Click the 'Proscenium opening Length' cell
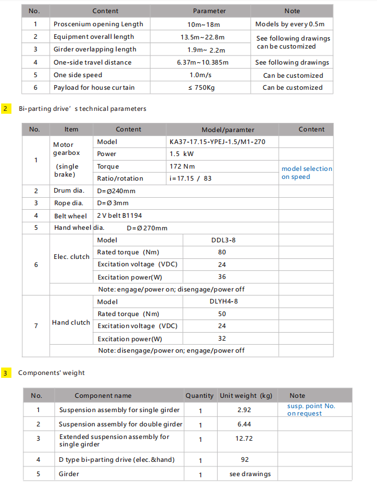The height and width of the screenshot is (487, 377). pyautogui.click(x=98, y=24)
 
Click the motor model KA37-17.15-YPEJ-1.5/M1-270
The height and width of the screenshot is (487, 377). pyautogui.click(x=217, y=142)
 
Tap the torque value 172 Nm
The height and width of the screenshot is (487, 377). pyautogui.click(x=182, y=166)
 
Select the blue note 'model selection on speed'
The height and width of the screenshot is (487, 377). pyautogui.click(x=306, y=173)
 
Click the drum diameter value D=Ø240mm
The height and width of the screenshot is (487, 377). pyautogui.click(x=117, y=191)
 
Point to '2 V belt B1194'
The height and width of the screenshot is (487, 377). pyautogui.click(x=121, y=215)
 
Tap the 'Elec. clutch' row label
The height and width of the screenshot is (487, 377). pyautogui.click(x=71, y=257)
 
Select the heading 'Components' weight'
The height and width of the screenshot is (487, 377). pyautogui.click(x=51, y=373)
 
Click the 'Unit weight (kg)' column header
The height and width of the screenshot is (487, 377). pyautogui.click(x=246, y=396)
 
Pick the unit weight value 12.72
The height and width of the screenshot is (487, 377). pyautogui.click(x=244, y=438)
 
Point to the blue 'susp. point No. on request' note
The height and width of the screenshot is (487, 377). pyautogui.click(x=311, y=410)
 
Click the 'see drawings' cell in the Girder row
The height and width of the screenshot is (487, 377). pyautogui.click(x=250, y=474)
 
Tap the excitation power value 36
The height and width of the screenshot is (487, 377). pyautogui.click(x=222, y=277)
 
